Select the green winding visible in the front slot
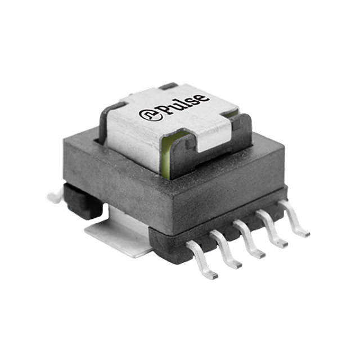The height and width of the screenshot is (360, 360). [x=166, y=151]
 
